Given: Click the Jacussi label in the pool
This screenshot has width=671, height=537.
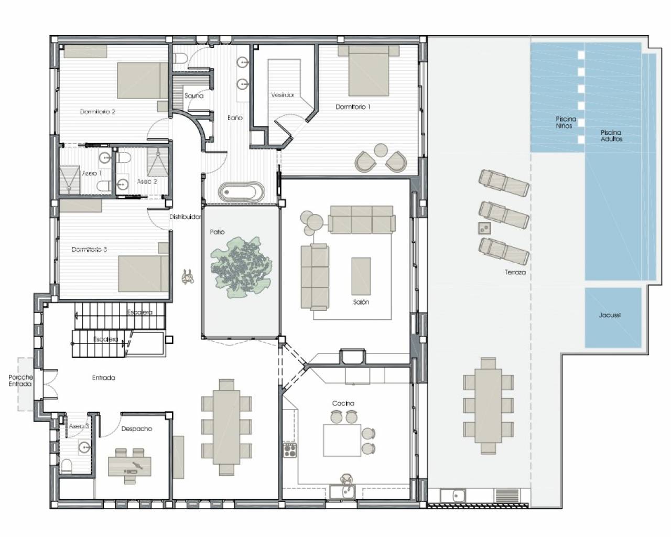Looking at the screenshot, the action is coord(610,315).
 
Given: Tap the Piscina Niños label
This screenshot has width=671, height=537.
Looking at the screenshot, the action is coord(566,122).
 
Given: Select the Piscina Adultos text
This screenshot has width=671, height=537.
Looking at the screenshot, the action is coord(611,136).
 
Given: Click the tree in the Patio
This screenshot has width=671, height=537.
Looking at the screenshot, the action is coord(241,267).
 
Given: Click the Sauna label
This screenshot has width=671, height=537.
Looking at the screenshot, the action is coord(194,96).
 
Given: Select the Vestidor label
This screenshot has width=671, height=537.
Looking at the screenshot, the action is coord(283,95).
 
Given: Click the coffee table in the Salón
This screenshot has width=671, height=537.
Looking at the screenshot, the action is coord(361,276).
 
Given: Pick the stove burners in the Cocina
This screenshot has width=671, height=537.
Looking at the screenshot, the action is coord(290,450).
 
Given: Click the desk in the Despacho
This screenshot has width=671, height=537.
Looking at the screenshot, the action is coord(129,467).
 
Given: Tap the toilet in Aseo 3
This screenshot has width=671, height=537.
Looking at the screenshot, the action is coord(66,467).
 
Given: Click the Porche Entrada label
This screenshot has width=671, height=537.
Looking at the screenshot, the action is coord(20,380).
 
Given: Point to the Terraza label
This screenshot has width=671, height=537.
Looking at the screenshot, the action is coord(515,272).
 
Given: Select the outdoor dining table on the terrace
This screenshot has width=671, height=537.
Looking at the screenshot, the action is coord(488,406).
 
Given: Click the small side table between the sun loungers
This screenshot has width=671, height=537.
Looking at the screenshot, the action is coord(484,228).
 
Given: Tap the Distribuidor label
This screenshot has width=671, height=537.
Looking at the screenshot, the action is coord(185,217).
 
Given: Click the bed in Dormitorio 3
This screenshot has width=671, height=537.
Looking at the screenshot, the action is coord(144,274).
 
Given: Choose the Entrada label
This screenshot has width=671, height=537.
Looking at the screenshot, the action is coord(103,378).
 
